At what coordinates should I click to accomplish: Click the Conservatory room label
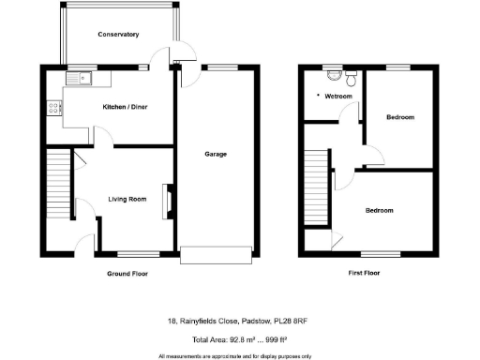tap(118, 35)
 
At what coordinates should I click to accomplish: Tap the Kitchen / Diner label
tap(126, 107)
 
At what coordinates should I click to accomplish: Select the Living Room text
tap(127, 199)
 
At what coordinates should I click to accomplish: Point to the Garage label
tap(216, 154)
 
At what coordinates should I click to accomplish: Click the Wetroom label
tap(337, 96)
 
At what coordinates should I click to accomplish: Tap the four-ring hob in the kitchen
tap(51, 108)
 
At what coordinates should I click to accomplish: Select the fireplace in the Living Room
tap(169, 200)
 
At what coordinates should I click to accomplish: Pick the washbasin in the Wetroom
tap(352, 72)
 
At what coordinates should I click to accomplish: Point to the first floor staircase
tap(318, 187)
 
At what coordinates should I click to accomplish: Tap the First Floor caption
tap(368, 275)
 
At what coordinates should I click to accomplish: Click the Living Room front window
tap(137, 253)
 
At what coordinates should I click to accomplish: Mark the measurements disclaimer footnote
tap(235, 355)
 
